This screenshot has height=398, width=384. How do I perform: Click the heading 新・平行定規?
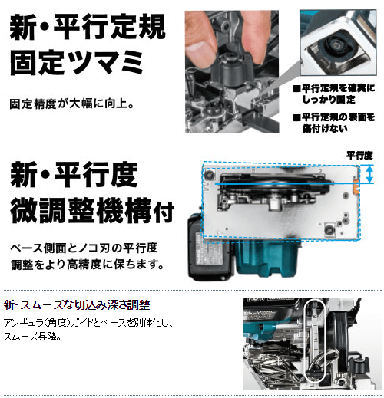88,27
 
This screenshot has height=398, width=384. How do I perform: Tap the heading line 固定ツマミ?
76,63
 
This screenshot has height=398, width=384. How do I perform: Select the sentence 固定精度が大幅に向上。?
72,104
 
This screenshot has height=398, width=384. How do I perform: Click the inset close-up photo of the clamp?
338,42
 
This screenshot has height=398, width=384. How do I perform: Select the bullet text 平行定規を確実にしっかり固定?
334,94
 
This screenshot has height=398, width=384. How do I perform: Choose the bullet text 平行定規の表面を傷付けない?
334,123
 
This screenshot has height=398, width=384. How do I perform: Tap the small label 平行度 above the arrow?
359,155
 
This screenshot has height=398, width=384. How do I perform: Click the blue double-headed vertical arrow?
369,174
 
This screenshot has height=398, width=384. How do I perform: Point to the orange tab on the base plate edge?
355,186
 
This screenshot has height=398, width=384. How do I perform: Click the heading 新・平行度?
74,175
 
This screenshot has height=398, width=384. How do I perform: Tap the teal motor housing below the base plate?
266,258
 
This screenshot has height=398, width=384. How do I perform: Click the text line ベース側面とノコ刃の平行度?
84,248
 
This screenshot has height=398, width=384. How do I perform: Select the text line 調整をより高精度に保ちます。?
88,265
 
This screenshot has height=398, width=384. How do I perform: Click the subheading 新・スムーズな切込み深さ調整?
77,305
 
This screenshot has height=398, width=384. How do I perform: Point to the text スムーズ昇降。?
33,337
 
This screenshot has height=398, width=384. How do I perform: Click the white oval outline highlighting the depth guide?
305,340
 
